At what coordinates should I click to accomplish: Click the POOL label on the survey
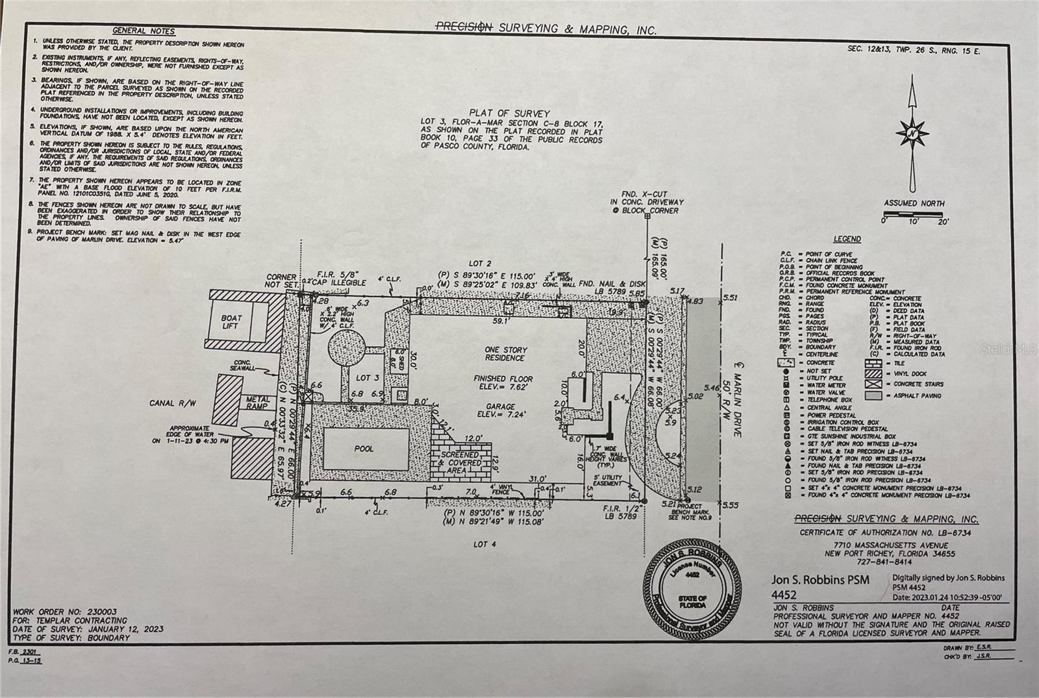tap(364, 449)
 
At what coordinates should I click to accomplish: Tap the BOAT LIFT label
tap(231, 322)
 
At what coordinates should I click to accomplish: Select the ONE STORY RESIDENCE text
tap(506, 354)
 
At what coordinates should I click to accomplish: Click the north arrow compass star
tap(913, 134)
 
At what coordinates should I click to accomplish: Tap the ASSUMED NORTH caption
tap(914, 203)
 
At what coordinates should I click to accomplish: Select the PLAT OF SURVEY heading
tap(511, 114)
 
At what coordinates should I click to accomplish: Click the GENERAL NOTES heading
tap(144, 31)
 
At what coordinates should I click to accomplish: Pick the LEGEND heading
tap(847, 239)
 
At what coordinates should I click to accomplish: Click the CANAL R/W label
tap(171, 403)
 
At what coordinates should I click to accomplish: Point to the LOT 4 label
tap(484, 544)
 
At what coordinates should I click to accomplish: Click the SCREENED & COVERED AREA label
tap(460, 462)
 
